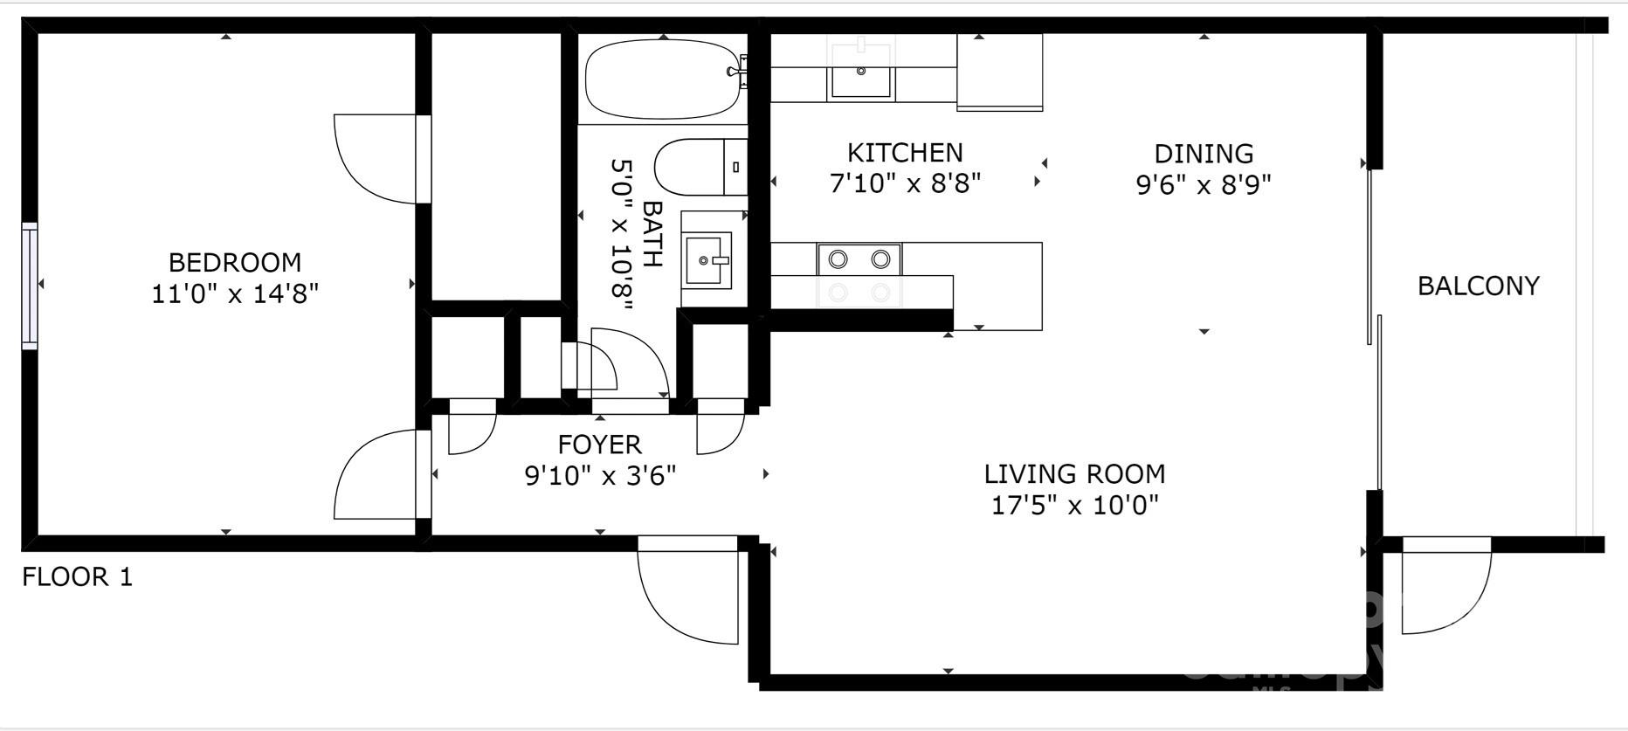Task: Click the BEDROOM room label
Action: coord(234,262)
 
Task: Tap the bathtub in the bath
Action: coord(661,81)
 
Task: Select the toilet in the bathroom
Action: coord(699,168)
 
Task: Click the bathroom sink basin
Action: coord(707,259)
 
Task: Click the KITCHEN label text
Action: coord(905,153)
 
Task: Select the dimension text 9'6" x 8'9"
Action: coord(1203,185)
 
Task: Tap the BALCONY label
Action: coord(1478,286)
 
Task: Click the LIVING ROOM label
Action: coord(1074,474)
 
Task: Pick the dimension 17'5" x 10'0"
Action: coord(1074,506)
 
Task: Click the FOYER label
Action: coord(600,445)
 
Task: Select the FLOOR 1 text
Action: coord(77,577)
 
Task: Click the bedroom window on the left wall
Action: coord(30,286)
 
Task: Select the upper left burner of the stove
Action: coord(838,259)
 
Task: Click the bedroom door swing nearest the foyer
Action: coord(376,476)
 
